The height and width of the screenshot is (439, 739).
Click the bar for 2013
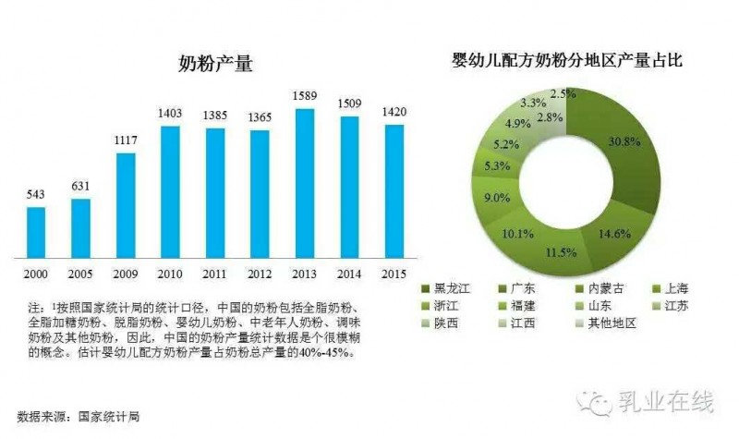click(x=305, y=183)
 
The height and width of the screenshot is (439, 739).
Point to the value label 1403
click(x=171, y=113)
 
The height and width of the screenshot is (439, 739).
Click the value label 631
click(x=81, y=188)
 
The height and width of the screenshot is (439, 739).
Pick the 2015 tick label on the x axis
click(x=394, y=274)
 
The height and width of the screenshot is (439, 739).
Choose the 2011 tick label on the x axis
click(x=215, y=274)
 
